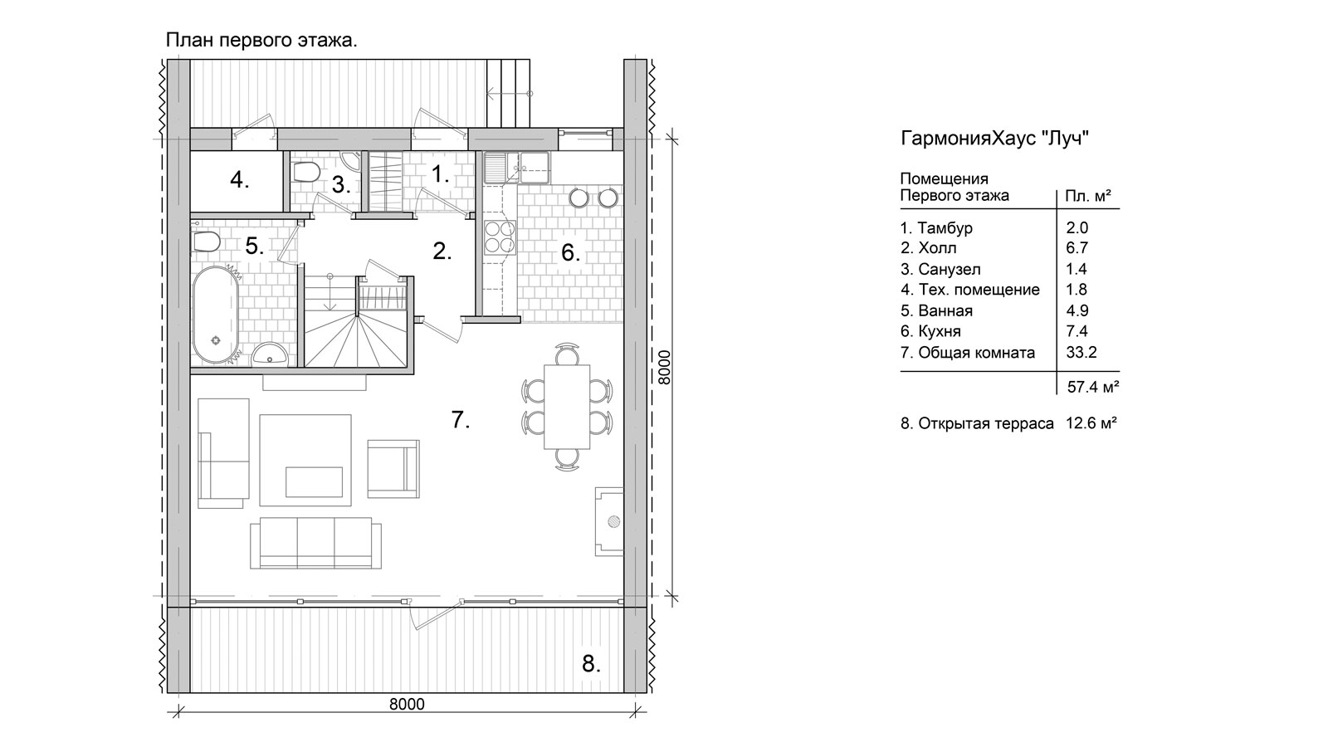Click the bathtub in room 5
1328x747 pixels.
(x=216, y=315)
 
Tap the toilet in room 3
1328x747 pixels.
(x=306, y=173)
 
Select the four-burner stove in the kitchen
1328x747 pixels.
(x=500, y=237)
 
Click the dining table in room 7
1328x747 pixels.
(x=567, y=408)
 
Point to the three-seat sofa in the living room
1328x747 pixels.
(x=316, y=543)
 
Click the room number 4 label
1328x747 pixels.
(x=240, y=179)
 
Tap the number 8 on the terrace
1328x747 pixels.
(x=590, y=663)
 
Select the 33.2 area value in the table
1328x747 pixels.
(x=1081, y=352)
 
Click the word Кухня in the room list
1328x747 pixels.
(x=939, y=331)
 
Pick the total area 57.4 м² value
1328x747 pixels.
(x=1093, y=387)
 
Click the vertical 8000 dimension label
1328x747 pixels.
(x=664, y=368)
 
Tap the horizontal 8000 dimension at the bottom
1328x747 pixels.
(x=407, y=704)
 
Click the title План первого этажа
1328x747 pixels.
(x=261, y=41)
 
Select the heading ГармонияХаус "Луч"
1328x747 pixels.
(x=995, y=138)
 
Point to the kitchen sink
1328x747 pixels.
(x=518, y=168)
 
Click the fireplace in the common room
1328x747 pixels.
(x=609, y=522)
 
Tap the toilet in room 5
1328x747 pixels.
(x=207, y=242)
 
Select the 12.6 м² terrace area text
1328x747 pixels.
(x=1091, y=423)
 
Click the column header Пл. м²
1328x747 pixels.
(x=1088, y=196)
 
